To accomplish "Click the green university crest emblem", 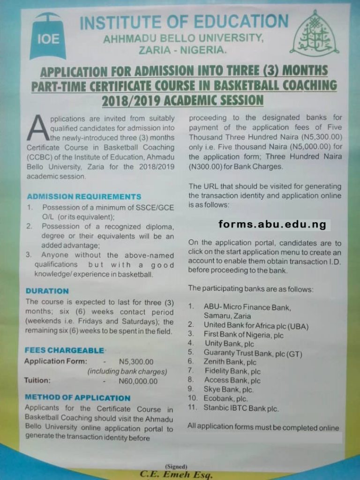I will click(314, 33).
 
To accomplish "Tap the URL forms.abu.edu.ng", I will click(272, 225).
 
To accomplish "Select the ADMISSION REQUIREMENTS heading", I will click(84, 196).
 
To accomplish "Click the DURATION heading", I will click(47, 291).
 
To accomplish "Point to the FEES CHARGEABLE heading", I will click(64, 350).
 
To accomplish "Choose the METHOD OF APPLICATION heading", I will click(77, 397).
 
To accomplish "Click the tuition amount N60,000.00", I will click(138, 381).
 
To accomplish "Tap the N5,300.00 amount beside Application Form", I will click(136, 361).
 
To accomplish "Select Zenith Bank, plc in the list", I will click(230, 361).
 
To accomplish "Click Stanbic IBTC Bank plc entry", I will click(241, 408).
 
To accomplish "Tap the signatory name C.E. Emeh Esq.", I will click(176, 474).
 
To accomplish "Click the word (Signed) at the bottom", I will click(176, 466).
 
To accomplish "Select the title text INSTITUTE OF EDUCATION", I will click(184, 22).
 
